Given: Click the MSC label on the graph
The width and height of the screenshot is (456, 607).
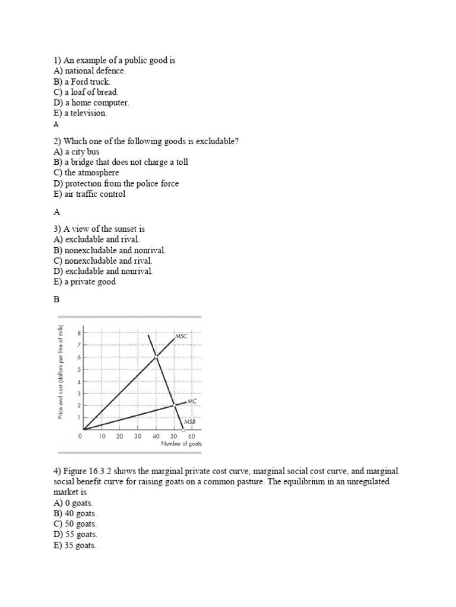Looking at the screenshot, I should (180, 337).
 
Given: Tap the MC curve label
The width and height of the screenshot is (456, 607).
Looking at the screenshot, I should (191, 401).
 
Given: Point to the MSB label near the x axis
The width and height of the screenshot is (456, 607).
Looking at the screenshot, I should (189, 421).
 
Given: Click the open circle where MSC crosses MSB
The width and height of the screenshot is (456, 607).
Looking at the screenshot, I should (156, 356).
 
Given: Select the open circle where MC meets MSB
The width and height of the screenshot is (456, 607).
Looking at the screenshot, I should (174, 405).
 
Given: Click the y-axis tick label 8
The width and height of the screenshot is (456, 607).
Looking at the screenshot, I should (78, 333).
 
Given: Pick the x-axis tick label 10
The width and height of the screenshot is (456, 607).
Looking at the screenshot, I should (102, 436).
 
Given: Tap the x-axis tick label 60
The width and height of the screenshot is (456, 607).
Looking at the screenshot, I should (191, 436).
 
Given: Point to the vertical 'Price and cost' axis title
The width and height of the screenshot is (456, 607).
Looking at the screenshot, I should (61, 373).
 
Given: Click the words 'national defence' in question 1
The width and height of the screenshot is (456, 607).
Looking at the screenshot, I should (95, 71).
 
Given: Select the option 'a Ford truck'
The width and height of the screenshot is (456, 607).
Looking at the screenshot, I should (87, 81).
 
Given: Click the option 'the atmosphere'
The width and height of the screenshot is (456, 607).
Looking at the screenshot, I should (91, 173).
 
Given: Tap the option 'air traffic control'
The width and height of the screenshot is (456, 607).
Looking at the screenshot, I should (95, 194).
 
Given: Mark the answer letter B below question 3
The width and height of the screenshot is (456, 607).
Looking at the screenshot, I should (57, 300).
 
